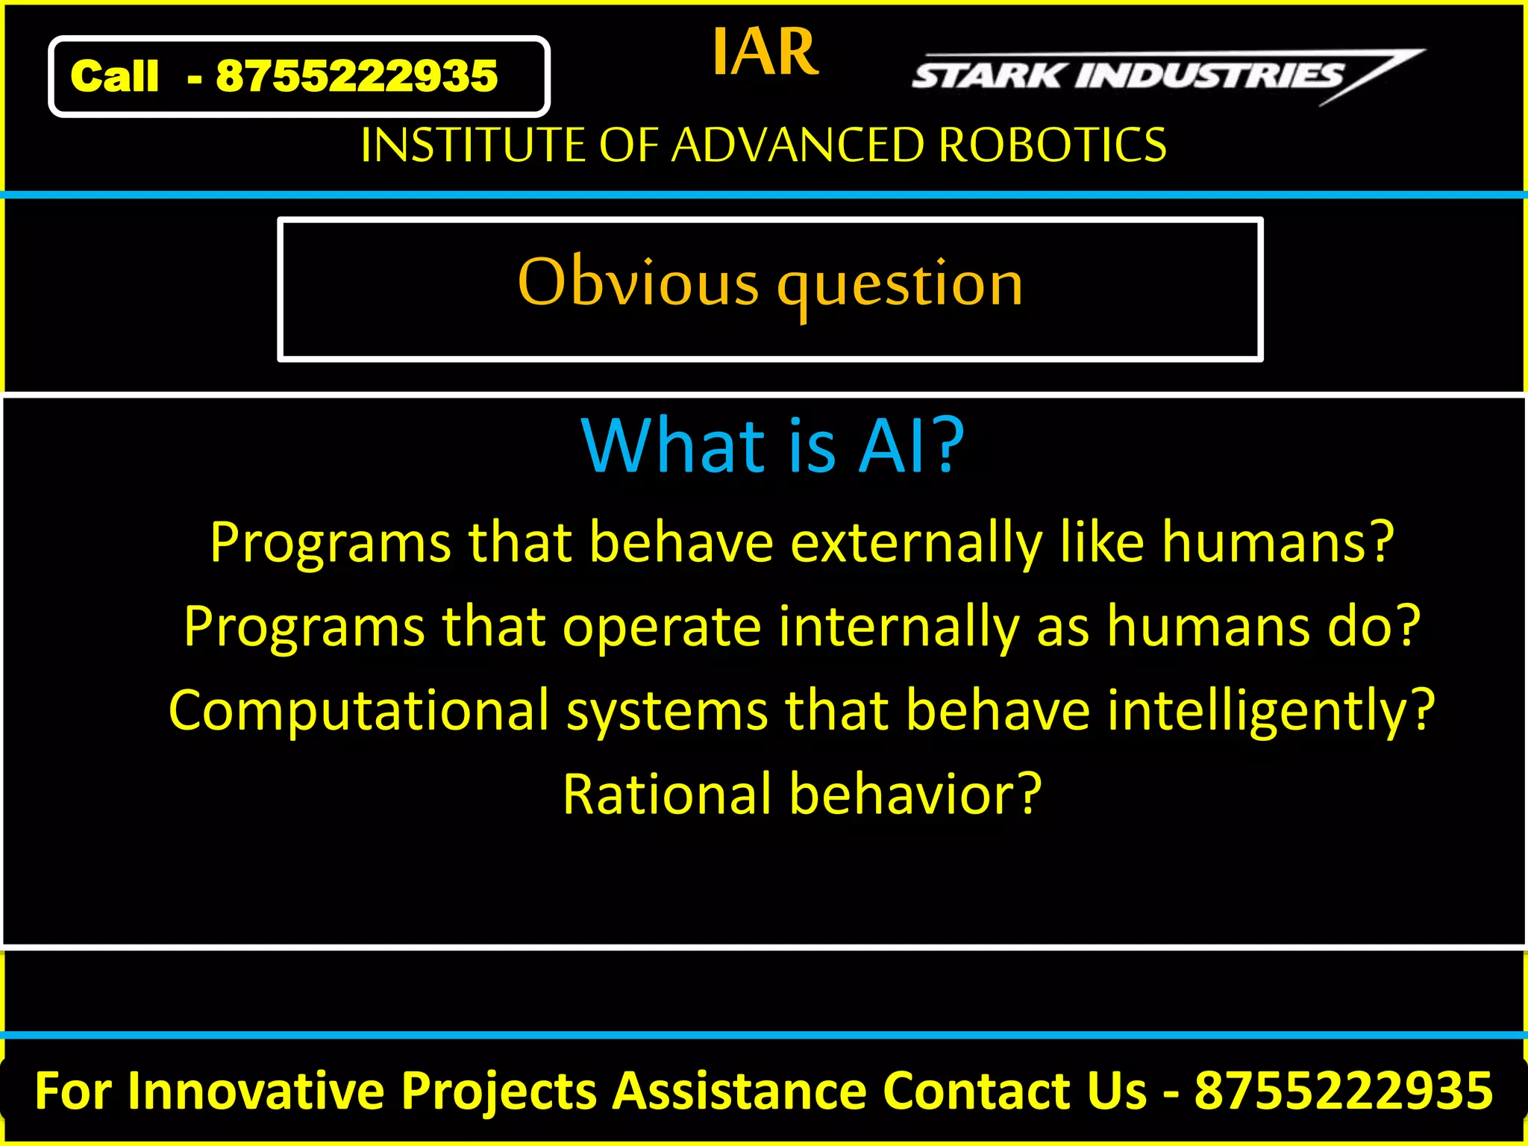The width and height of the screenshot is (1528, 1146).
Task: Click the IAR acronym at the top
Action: pyautogui.click(x=765, y=52)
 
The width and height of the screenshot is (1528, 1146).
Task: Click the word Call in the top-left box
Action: pyautogui.click(x=114, y=76)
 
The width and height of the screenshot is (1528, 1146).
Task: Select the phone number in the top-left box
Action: pyautogui.click(x=357, y=76)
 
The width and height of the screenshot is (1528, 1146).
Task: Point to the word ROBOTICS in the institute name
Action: pyautogui.click(x=1052, y=145)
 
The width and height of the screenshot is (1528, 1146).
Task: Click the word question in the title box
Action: pyautogui.click(x=900, y=286)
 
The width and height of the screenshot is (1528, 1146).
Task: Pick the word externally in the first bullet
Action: pyautogui.click(x=916, y=542)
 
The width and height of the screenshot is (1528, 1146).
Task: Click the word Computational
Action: pyautogui.click(x=359, y=710)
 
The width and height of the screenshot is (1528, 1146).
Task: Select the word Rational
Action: pyautogui.click(x=667, y=794)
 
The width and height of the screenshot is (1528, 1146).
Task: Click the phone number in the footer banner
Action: pyautogui.click(x=1344, y=1091)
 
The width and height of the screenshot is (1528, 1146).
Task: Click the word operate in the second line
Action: pyautogui.click(x=662, y=627)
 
